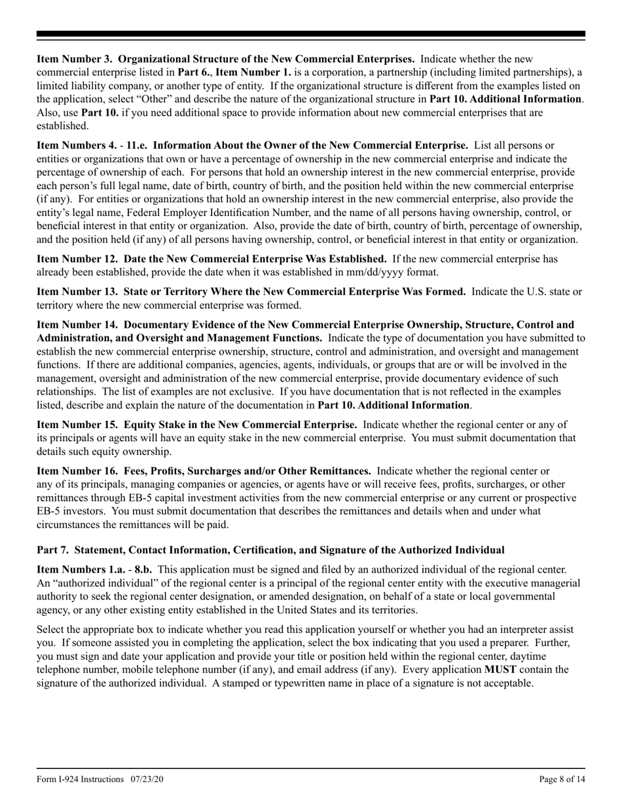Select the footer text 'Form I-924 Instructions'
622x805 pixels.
80,779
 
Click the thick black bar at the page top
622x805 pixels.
311,34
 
